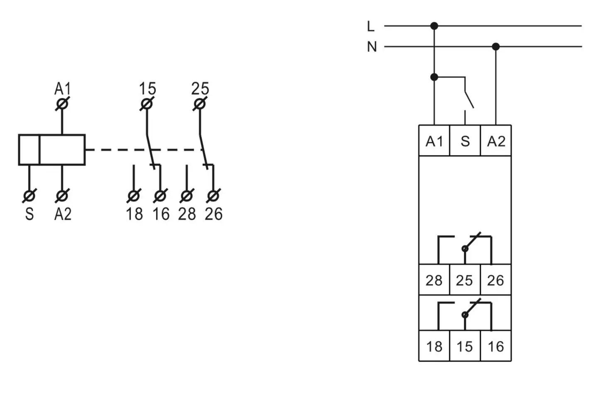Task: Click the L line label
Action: tap(371, 26)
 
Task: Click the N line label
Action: tap(372, 47)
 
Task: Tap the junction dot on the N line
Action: tap(496, 46)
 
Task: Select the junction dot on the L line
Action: tap(434, 26)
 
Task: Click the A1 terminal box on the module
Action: tap(434, 140)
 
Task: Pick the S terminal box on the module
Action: tap(465, 140)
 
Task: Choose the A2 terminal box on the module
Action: tap(496, 140)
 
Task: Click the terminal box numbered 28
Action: tap(434, 279)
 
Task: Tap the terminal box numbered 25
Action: tap(465, 279)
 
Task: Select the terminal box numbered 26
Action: tap(496, 279)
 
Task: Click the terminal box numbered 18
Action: tap(434, 346)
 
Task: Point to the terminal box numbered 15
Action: tap(465, 346)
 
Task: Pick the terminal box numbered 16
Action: tap(496, 346)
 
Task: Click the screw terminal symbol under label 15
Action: tap(147, 104)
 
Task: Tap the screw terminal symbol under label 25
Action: tap(200, 104)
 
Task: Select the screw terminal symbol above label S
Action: tap(29, 196)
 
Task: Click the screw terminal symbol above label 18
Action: tap(134, 196)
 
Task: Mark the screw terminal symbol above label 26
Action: tap(213, 196)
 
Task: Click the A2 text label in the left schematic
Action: tap(63, 214)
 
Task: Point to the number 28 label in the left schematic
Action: tap(187, 214)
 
